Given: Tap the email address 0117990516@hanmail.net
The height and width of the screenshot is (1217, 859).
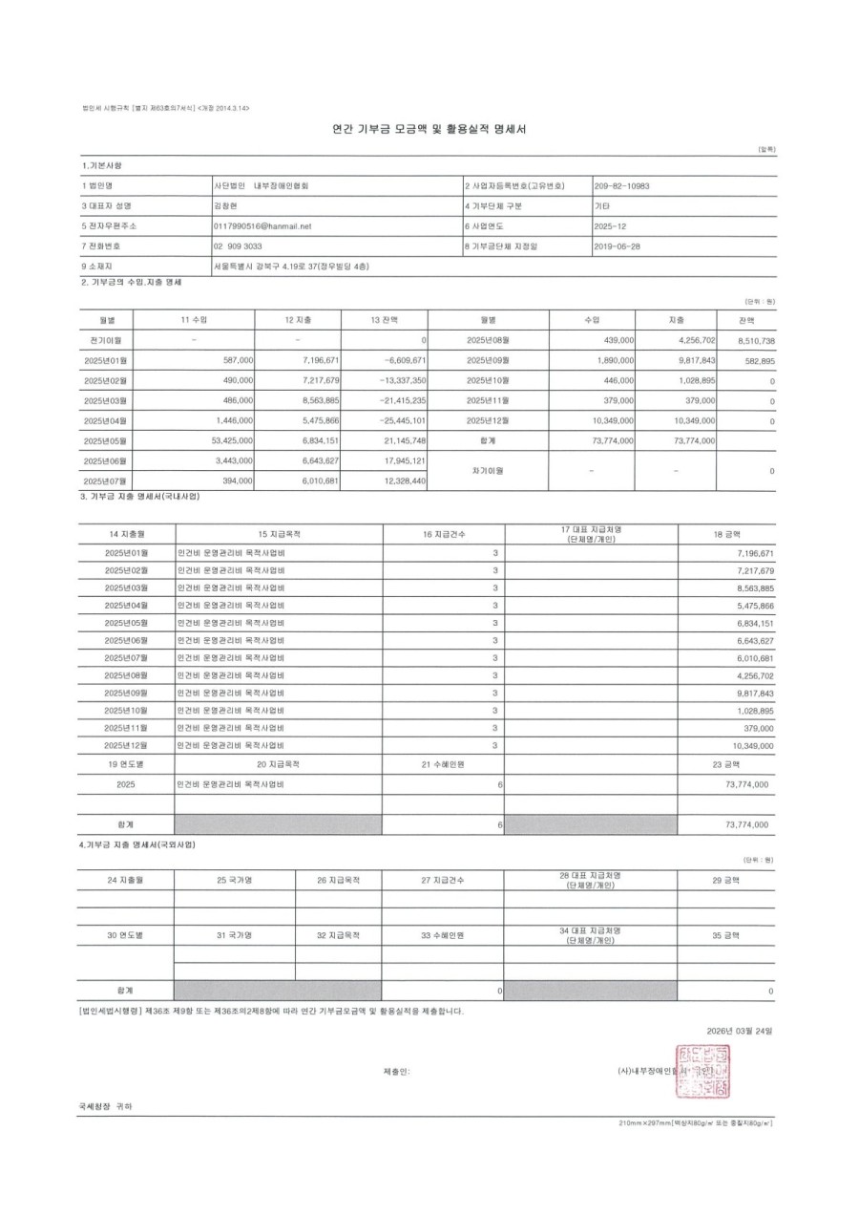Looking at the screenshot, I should click(263, 226).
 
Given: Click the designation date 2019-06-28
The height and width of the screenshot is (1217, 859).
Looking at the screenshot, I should click(617, 246).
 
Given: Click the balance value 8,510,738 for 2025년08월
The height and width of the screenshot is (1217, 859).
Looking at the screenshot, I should click(749, 340).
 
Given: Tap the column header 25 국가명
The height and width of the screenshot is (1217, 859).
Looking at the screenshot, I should click(234, 879).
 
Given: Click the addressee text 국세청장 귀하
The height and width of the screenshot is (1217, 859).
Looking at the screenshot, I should click(106, 1106).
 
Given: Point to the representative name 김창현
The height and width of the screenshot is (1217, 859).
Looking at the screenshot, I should click(226, 205).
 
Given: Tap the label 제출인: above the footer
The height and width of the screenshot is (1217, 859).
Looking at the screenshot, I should click(396, 1072).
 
